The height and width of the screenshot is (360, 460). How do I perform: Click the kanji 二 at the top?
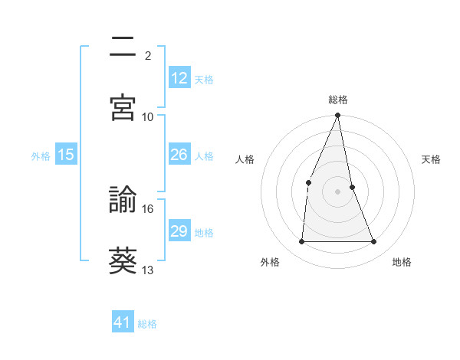click(123, 47)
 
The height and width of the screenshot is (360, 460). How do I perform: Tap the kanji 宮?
click(123, 107)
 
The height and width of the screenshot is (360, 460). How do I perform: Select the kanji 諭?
click(123, 201)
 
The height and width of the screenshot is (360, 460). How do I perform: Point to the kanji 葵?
click(123, 261)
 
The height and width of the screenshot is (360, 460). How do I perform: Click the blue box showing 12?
click(179, 78)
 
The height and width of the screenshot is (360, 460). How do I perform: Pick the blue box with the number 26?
click(179, 155)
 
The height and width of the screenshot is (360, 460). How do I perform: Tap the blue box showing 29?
click(179, 231)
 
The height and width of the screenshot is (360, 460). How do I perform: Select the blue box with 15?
click(66, 155)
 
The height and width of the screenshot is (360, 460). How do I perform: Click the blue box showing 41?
click(123, 322)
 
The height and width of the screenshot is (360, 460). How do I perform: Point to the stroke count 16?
click(148, 208)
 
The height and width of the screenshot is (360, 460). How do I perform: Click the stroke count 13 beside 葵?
click(148, 270)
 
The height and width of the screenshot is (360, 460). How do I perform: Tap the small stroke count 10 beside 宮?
click(148, 116)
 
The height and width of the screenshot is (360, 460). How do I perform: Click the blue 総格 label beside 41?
click(147, 324)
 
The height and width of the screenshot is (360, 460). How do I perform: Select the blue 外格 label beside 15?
click(41, 156)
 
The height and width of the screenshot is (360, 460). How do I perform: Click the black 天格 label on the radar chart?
click(432, 159)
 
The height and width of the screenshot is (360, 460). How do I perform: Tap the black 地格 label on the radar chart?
click(402, 262)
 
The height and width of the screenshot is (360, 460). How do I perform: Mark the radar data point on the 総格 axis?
click(337, 116)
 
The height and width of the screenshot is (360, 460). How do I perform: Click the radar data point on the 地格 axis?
click(374, 242)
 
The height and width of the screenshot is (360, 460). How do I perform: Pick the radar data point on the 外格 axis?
click(301, 242)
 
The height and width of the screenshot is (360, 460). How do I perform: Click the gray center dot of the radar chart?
click(337, 191)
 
